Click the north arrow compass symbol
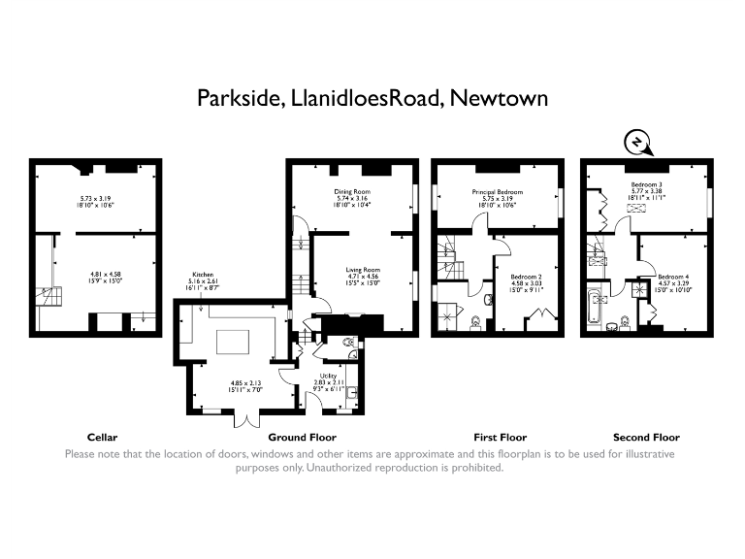pyautogui.click(x=636, y=145)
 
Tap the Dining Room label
pyautogui.click(x=352, y=191)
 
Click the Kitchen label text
pyautogui.click(x=203, y=275)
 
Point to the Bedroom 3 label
pyautogui.click(x=647, y=184)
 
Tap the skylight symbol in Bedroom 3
pyautogui.click(x=637, y=207)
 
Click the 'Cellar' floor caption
pyautogui.click(x=102, y=437)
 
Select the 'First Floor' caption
pyautogui.click(x=500, y=437)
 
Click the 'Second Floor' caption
pyautogui.click(x=646, y=437)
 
